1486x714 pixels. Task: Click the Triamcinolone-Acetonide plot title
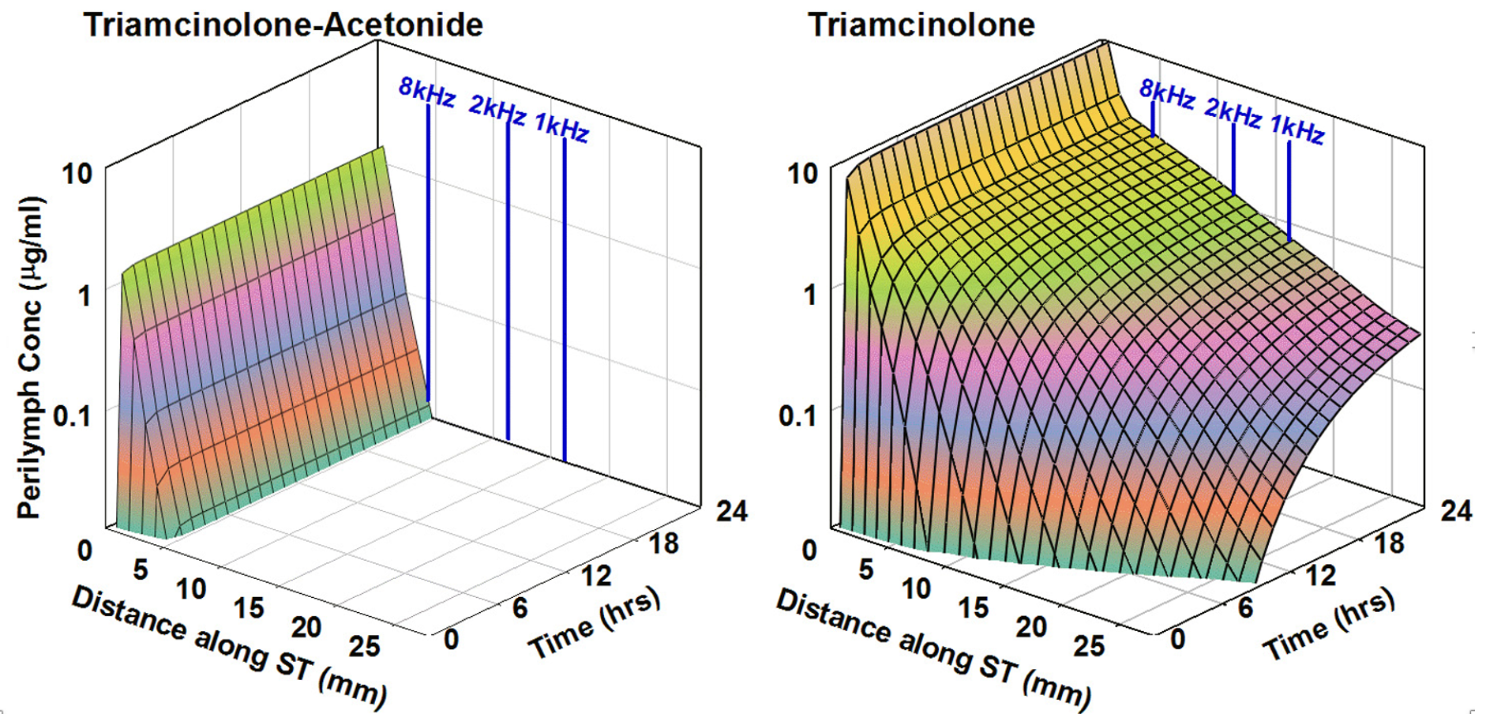[283, 25]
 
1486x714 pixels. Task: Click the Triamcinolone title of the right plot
[921, 25]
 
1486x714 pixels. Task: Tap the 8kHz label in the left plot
[426, 92]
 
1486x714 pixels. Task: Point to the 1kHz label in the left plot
[561, 126]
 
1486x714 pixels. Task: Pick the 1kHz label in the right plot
[1297, 129]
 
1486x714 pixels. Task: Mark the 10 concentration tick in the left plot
[77, 173]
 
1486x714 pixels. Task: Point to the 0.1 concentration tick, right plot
[797, 415]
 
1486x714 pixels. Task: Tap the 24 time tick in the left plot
[731, 511]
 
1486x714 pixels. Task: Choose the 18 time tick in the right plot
[1389, 543]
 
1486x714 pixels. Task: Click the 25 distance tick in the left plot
[365, 647]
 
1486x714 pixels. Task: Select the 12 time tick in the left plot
[596, 576]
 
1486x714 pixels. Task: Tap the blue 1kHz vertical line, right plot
[1289, 190]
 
